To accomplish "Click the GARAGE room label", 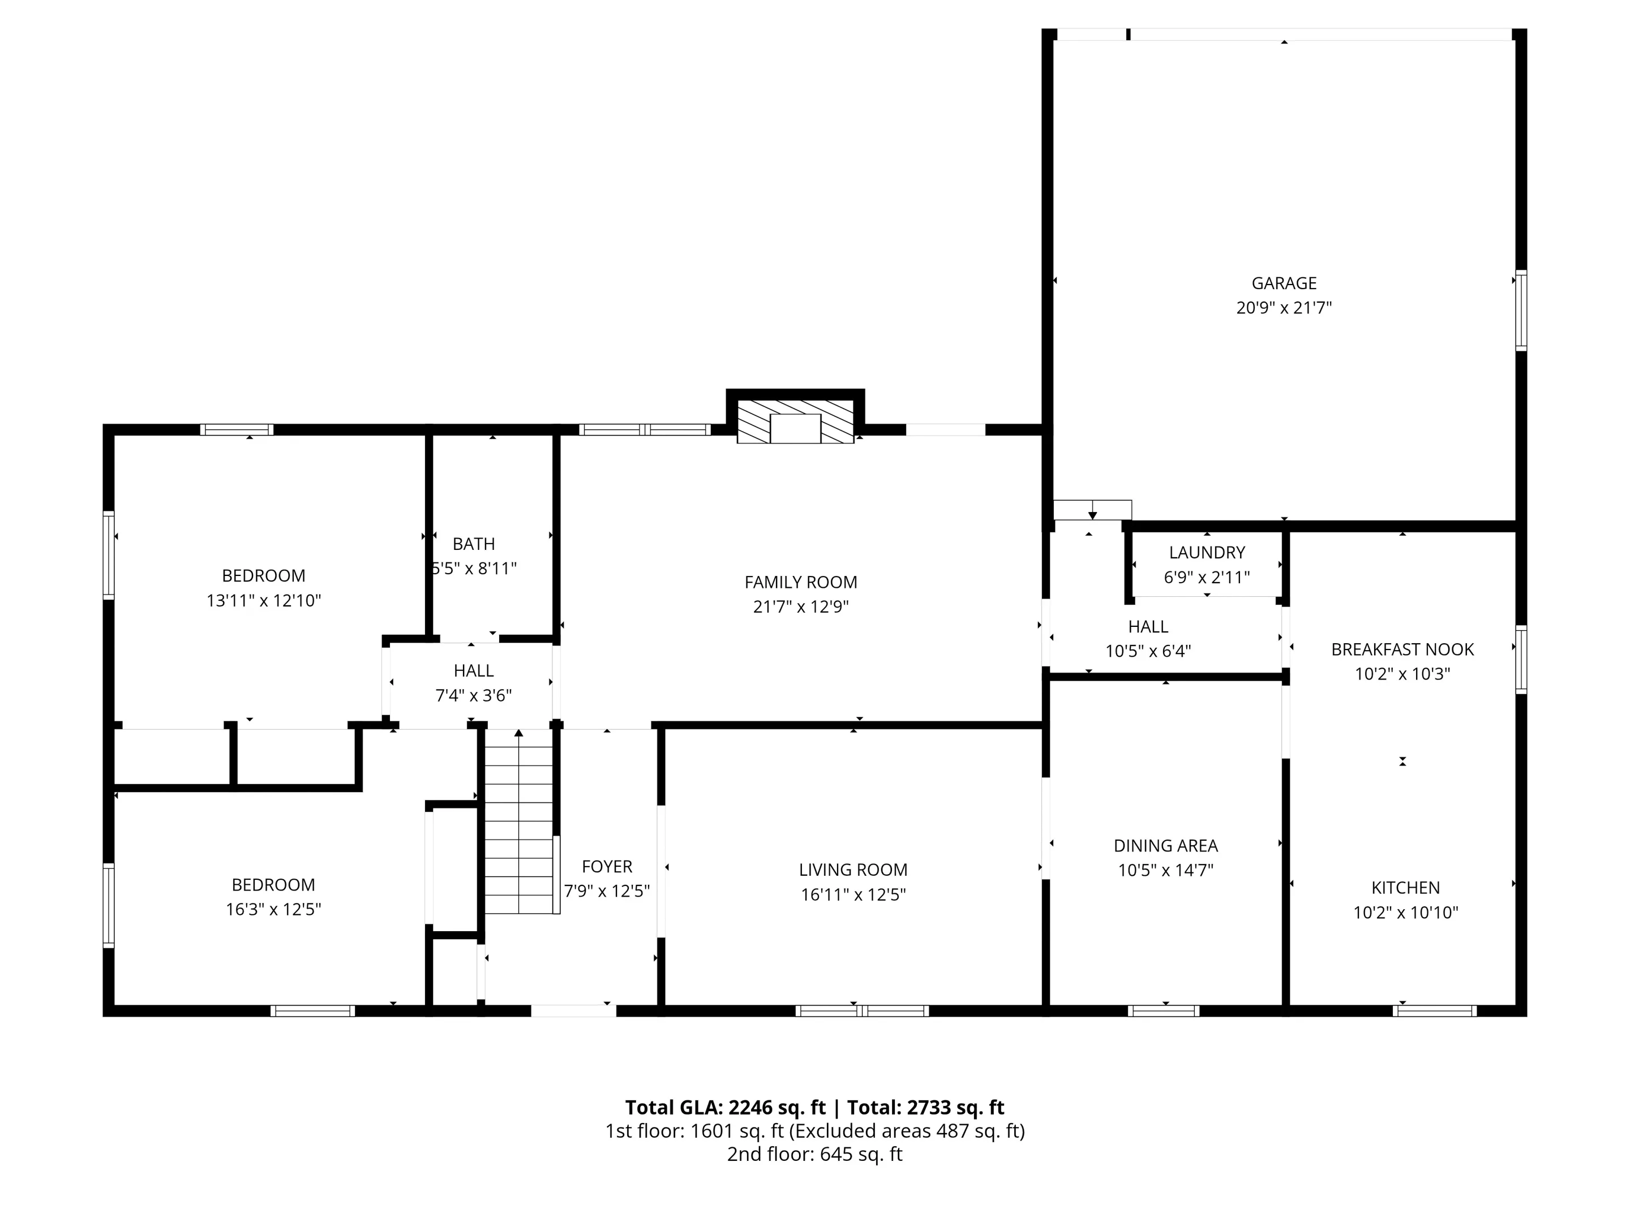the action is [1284, 283].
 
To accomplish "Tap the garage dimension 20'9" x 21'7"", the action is [1284, 308].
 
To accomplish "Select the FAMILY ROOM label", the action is [801, 582].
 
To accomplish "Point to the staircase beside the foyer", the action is [519, 821].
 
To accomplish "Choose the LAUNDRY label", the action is [1207, 552].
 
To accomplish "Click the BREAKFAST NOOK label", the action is [1402, 649].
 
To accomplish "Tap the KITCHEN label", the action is [1405, 888].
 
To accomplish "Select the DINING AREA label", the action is [1166, 846].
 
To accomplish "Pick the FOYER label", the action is [607, 866].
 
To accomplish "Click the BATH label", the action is [474, 544].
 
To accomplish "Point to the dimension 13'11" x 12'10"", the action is [264, 600].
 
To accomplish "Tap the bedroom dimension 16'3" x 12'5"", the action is [273, 909].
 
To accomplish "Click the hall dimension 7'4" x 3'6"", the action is [474, 695].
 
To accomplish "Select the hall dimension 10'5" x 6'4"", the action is [1148, 651].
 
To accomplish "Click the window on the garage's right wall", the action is [1520, 310].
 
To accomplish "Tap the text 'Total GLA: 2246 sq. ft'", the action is [726, 1107].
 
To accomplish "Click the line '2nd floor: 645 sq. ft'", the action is [815, 1154].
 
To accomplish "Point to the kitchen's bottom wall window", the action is [1434, 1010].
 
